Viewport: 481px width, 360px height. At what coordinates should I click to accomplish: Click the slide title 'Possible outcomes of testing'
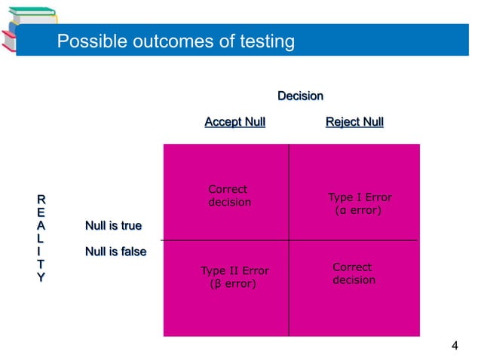(176, 41)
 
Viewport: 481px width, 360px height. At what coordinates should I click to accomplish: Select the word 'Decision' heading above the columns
(300, 96)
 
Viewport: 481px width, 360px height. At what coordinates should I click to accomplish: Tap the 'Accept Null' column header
(234, 122)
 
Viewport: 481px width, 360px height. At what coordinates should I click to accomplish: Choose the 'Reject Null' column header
(354, 122)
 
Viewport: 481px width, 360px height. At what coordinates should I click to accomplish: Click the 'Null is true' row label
(113, 226)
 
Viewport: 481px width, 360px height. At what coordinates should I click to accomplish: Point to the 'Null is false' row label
(115, 252)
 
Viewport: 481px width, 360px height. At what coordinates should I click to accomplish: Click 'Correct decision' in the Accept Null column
(228, 196)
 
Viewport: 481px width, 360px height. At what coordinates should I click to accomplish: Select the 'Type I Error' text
(360, 198)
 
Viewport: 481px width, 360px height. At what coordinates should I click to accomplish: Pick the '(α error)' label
(357, 212)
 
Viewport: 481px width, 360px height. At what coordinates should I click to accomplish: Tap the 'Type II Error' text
(234, 271)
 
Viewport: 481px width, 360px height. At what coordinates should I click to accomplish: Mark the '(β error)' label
(232, 285)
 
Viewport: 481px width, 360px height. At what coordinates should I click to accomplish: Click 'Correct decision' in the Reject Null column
(354, 273)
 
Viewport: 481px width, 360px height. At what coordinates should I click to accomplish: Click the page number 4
(454, 346)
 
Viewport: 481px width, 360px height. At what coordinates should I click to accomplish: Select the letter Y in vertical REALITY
(41, 278)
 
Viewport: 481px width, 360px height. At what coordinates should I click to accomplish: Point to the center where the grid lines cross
(289, 240)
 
